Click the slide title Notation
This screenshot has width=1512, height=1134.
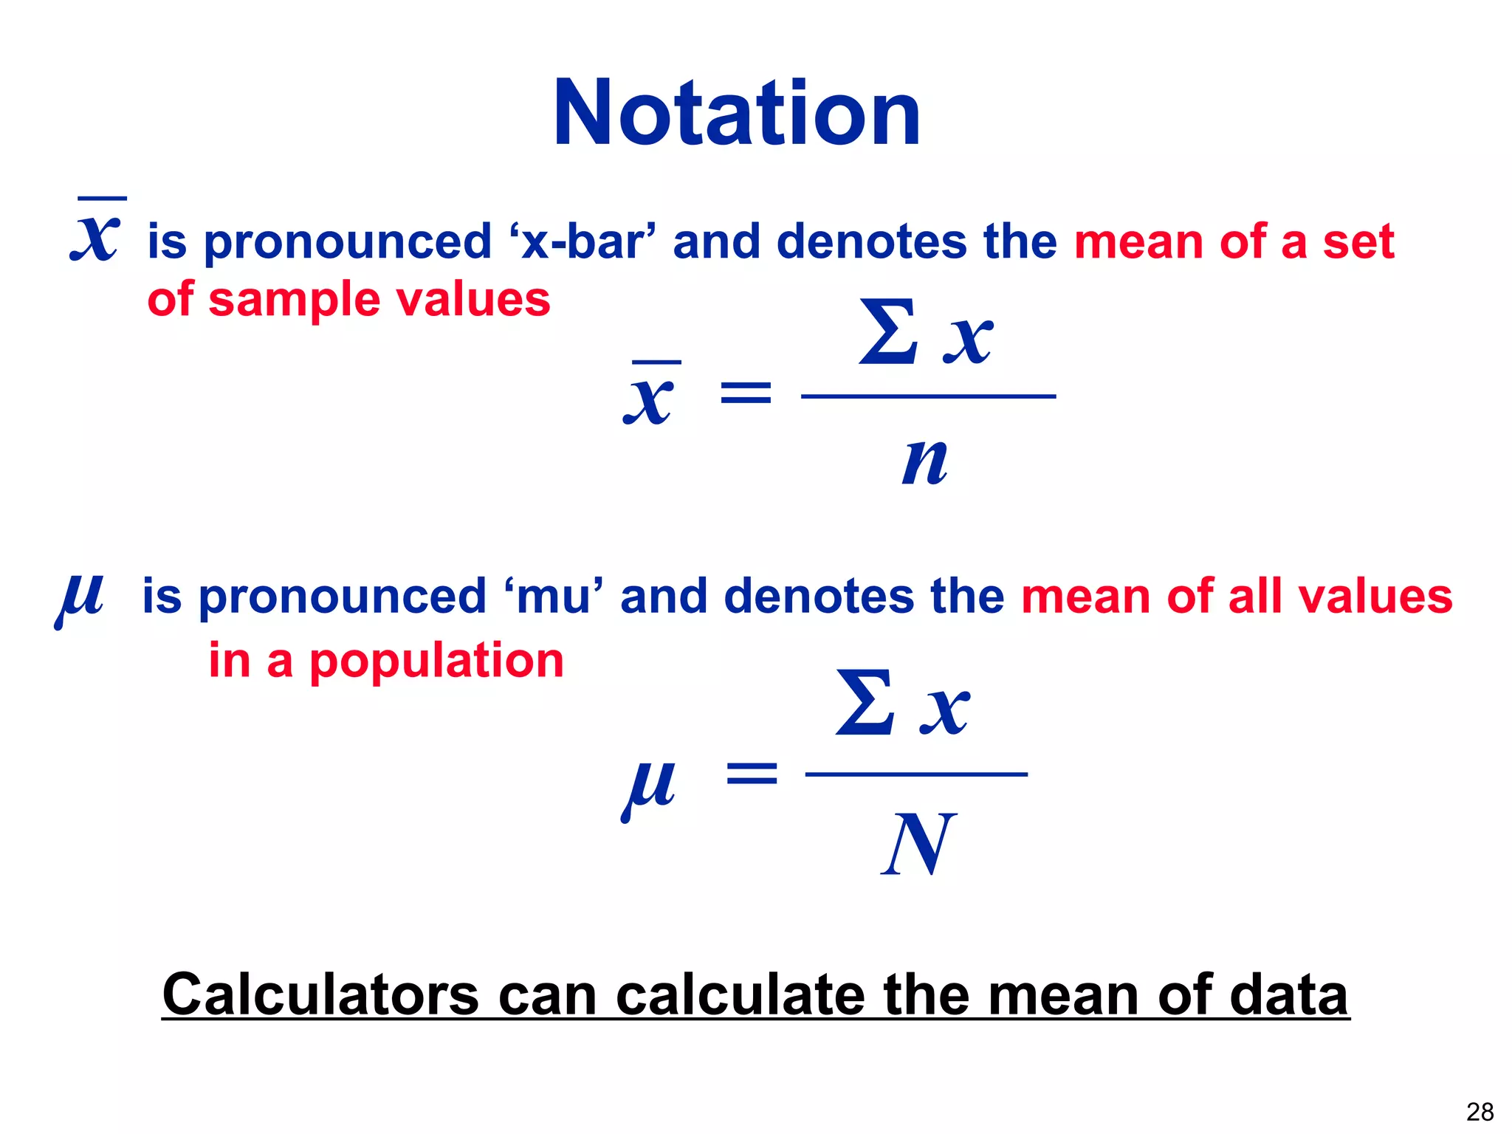tap(737, 114)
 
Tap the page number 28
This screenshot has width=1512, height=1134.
tap(1480, 1112)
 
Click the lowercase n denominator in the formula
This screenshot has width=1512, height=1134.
tap(924, 462)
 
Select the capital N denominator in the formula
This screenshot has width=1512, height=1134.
tap(918, 844)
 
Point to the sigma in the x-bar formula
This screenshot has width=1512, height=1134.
tap(887, 333)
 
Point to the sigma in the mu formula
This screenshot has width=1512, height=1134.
tap(865, 703)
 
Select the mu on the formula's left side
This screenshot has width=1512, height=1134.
tap(648, 786)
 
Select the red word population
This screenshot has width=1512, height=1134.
tap(436, 660)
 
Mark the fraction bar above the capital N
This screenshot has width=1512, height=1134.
tap(916, 774)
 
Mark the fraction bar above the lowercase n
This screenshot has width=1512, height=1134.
tap(928, 396)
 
